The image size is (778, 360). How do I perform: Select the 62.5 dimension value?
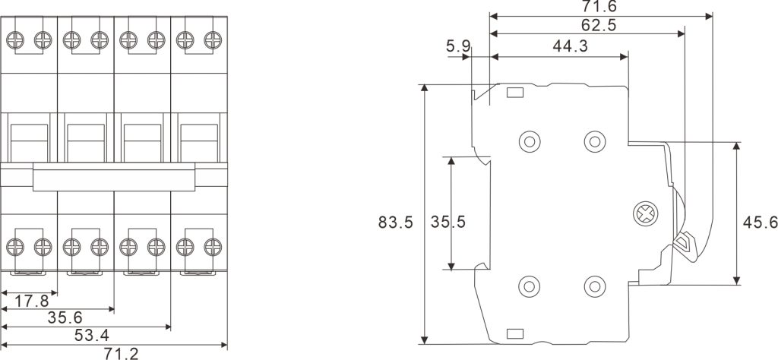[599, 25]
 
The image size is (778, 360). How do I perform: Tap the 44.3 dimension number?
[570, 46]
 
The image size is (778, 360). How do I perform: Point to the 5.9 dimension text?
[457, 46]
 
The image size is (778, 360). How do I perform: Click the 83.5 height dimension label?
[395, 222]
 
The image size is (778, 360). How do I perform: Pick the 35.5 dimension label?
[448, 222]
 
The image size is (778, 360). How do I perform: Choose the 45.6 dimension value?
[760, 223]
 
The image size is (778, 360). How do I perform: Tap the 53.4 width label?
[92, 336]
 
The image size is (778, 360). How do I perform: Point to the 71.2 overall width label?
[121, 354]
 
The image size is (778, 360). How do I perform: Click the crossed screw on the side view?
[645, 214]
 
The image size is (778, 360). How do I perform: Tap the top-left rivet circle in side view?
[530, 142]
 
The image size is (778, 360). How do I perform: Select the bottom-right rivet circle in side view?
[595, 286]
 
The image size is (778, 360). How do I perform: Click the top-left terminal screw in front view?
[15, 40]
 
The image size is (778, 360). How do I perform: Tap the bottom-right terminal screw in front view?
[213, 246]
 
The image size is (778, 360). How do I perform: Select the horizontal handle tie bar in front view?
[114, 176]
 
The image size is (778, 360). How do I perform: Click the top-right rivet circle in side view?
[595, 142]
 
